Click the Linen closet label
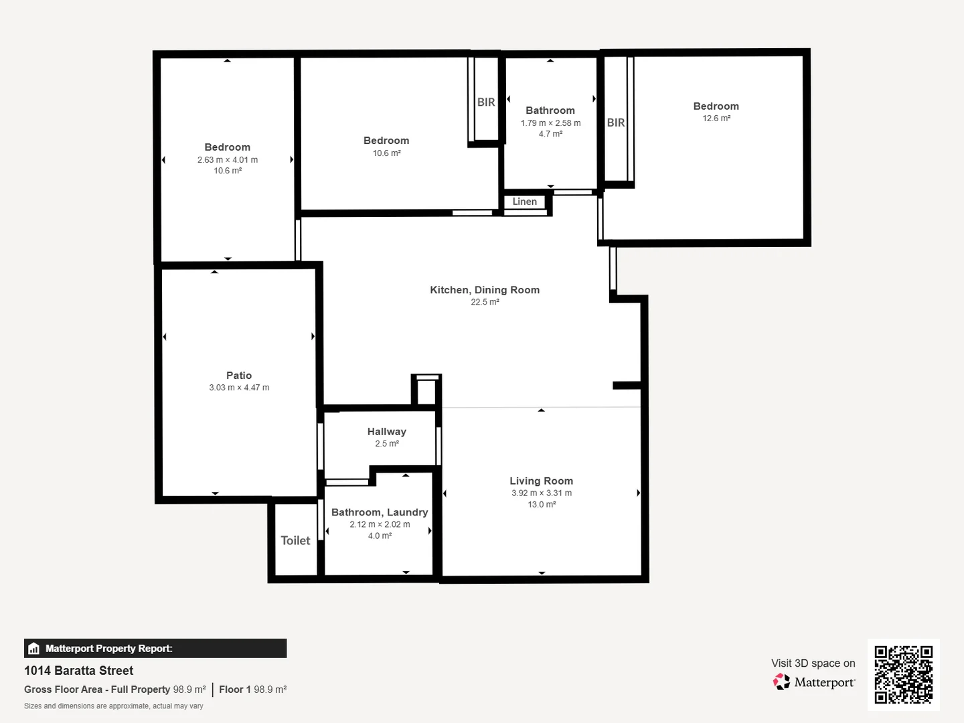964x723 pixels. click(x=524, y=202)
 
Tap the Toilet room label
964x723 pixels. click(x=295, y=540)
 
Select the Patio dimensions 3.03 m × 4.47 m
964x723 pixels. click(x=239, y=388)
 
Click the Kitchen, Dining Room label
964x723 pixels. click(x=485, y=290)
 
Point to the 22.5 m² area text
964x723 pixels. click(x=485, y=302)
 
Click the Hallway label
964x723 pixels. click(x=386, y=432)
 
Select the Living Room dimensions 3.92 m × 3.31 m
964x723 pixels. click(x=542, y=493)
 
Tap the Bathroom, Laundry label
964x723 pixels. click(x=380, y=512)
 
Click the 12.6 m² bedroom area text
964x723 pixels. click(x=716, y=118)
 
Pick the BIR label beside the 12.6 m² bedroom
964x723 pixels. click(x=616, y=123)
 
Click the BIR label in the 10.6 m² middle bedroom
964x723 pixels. click(x=486, y=102)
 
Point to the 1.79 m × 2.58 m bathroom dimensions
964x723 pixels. click(x=550, y=123)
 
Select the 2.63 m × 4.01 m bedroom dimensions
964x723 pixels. click(x=228, y=160)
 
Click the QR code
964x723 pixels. click(x=903, y=675)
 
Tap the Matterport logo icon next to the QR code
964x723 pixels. click(x=781, y=682)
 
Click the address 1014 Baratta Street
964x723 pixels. click(x=79, y=671)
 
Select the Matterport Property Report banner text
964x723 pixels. click(x=108, y=649)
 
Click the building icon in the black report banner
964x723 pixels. click(x=34, y=649)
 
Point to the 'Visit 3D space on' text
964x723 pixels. click(x=813, y=663)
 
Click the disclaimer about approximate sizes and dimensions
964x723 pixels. click(x=114, y=706)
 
